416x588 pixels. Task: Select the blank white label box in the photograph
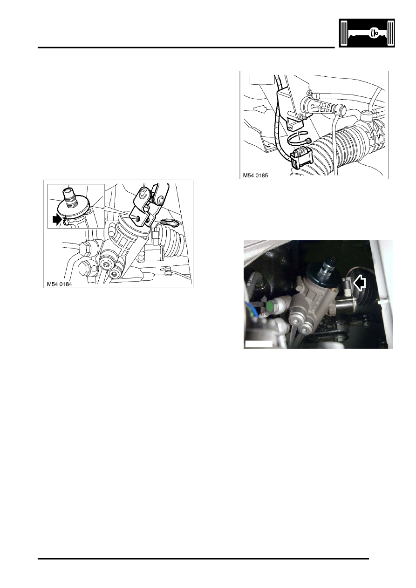(259, 344)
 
